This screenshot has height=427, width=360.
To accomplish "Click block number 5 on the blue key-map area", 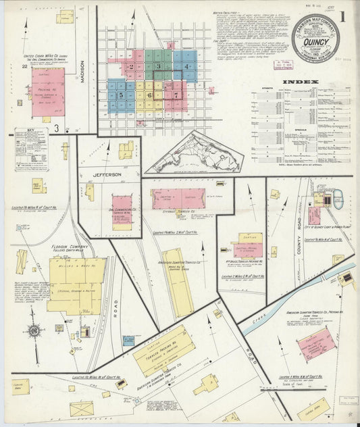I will tap(121, 95).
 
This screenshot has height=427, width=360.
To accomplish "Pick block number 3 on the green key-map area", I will tap(159, 66).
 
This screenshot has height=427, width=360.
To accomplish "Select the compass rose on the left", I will tap(32, 331).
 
